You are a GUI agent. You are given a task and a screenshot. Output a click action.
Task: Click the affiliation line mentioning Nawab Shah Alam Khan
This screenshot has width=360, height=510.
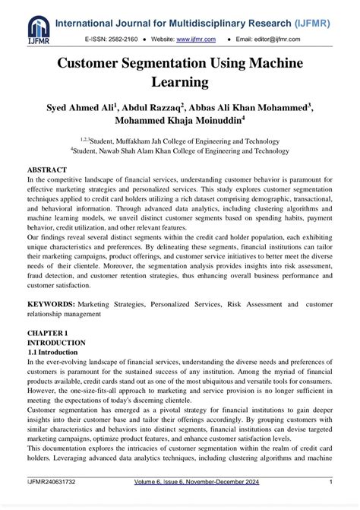(180, 150)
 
